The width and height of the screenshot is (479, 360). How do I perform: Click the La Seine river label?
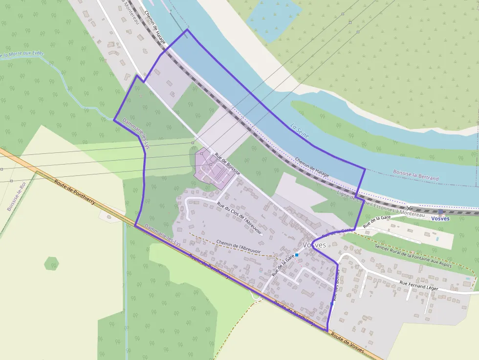(299, 130)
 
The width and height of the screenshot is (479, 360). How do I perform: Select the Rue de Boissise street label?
(227, 165)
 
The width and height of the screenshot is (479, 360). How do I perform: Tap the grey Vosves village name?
(314, 245)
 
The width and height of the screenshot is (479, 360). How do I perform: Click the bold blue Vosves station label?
(440, 218)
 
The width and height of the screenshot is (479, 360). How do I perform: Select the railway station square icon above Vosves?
(440, 212)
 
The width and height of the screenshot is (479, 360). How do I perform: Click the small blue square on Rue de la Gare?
(297, 255)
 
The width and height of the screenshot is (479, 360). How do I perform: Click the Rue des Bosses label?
(336, 285)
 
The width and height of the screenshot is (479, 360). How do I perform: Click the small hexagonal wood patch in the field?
(51, 264)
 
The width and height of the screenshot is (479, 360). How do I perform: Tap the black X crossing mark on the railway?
(409, 208)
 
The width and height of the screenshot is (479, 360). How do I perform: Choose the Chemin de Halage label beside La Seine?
(311, 167)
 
